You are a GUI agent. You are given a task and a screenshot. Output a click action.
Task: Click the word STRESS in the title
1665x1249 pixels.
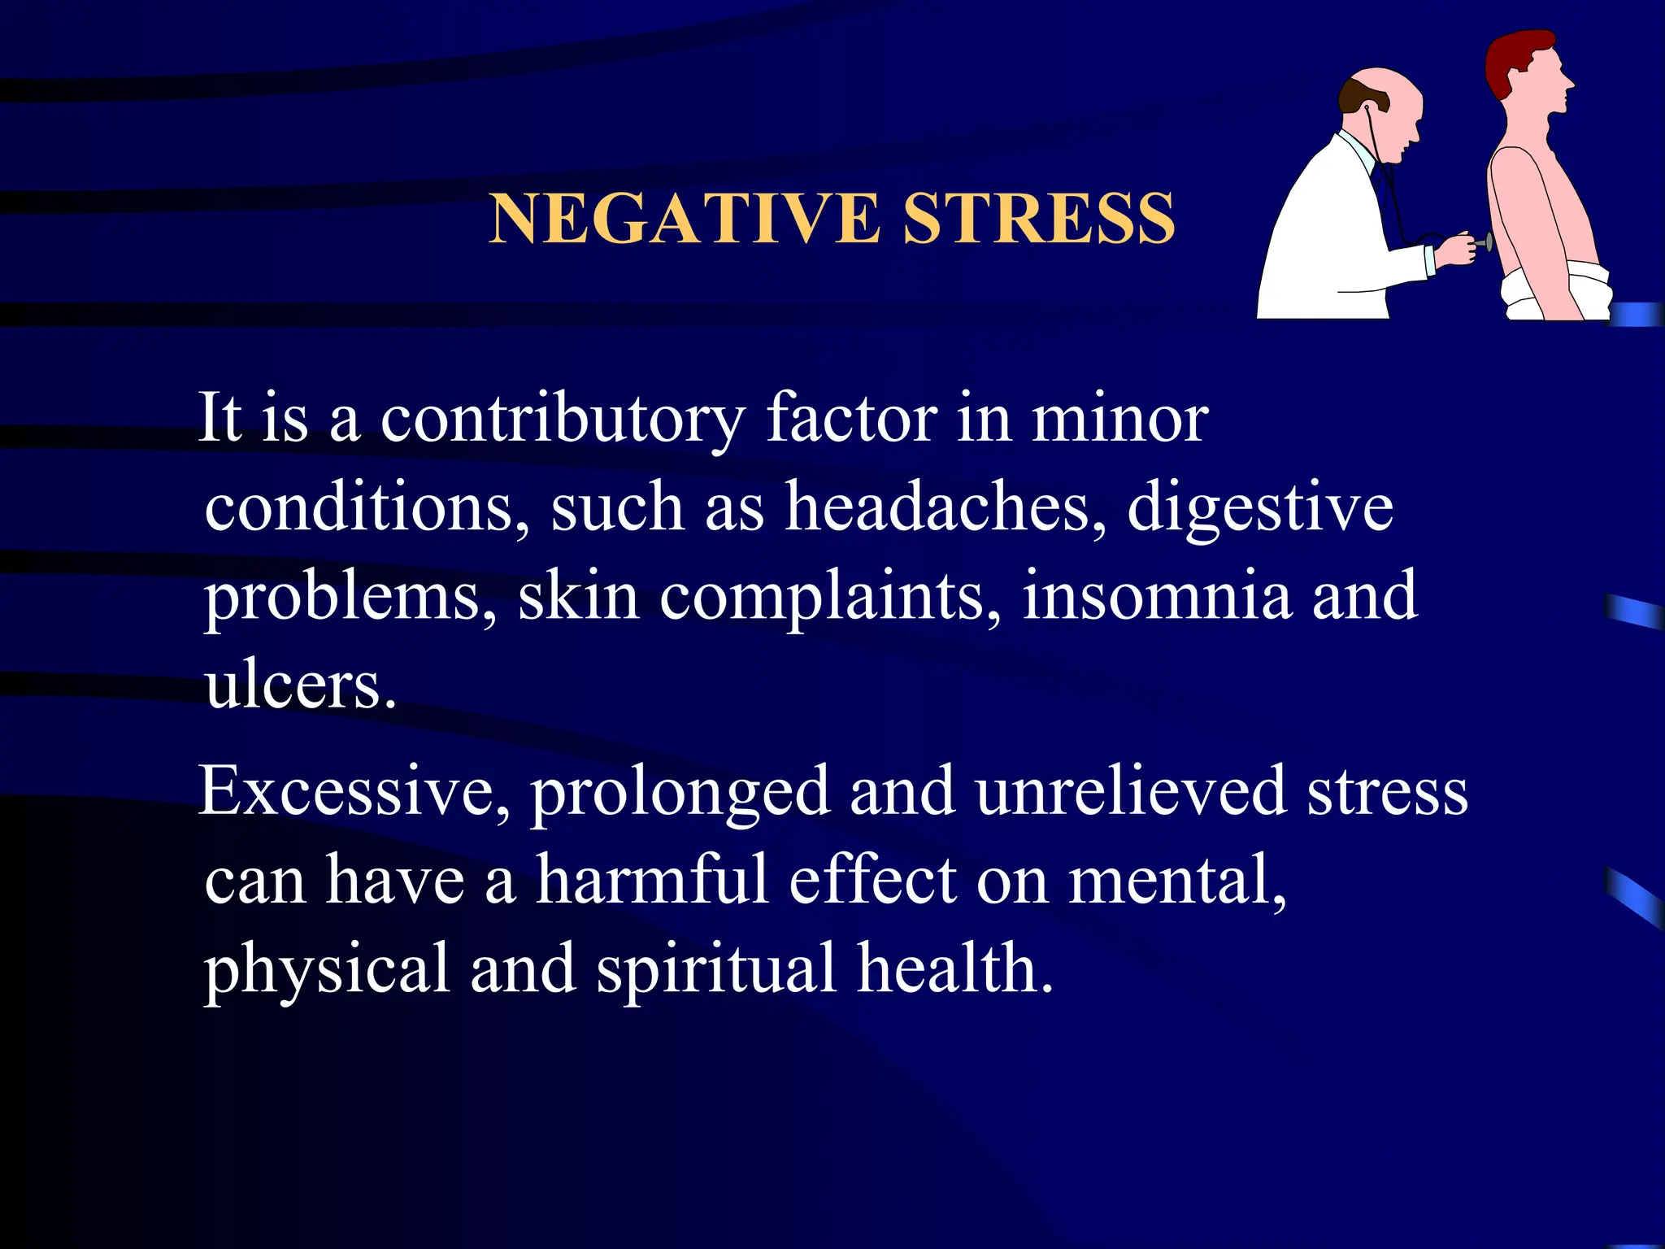pyautogui.click(x=1039, y=219)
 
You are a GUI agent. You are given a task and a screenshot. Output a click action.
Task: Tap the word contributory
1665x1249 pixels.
pyautogui.click(x=563, y=419)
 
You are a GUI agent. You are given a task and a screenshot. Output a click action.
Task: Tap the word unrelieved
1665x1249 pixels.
pyautogui.click(x=1131, y=791)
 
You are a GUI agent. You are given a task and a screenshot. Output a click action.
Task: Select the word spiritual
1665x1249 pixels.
pyautogui.click(x=716, y=969)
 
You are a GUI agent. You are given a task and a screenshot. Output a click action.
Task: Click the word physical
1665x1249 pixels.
pyautogui.click(x=326, y=969)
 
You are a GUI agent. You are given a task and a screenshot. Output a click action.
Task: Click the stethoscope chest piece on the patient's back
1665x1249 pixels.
pyautogui.click(x=1487, y=242)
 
